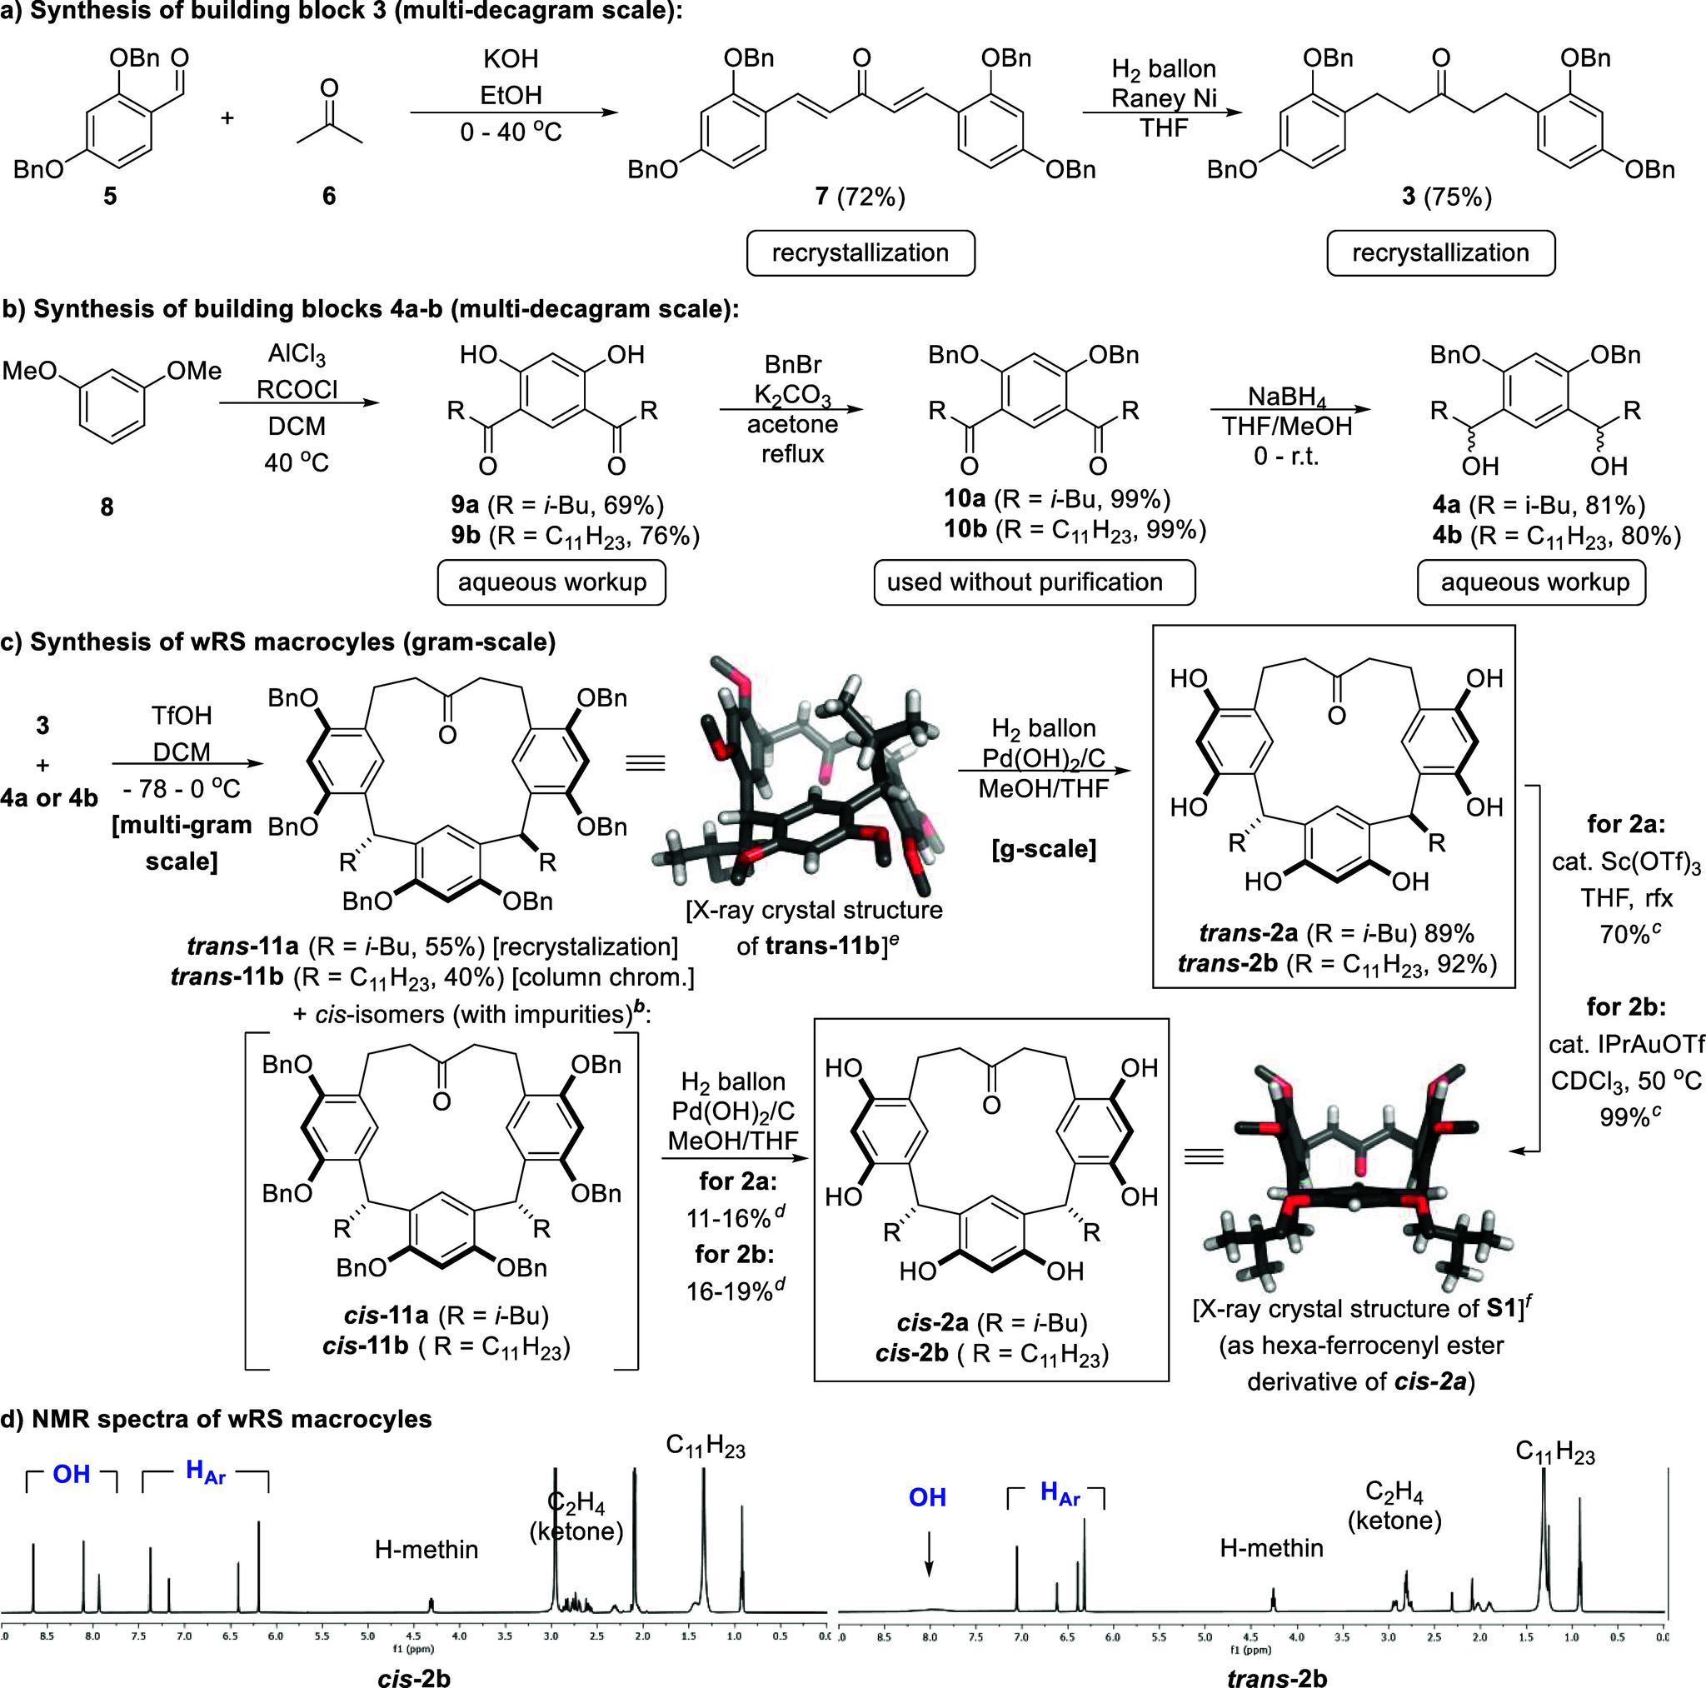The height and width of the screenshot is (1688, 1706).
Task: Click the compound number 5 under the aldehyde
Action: (x=109, y=195)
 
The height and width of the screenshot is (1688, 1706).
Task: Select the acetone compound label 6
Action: (x=328, y=195)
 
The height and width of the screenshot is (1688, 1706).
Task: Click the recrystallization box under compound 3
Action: (x=1440, y=253)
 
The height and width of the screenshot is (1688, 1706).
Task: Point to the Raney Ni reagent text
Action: (x=1163, y=98)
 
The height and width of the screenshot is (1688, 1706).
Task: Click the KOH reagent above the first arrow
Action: (x=511, y=59)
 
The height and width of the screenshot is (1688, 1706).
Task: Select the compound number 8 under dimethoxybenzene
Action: (x=107, y=507)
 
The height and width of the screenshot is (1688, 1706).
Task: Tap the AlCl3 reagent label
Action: (x=297, y=356)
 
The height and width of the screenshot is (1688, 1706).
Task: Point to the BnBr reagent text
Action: (x=792, y=365)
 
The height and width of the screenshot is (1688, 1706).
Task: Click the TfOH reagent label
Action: (x=181, y=716)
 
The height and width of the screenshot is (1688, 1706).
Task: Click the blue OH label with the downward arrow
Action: (x=927, y=1497)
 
